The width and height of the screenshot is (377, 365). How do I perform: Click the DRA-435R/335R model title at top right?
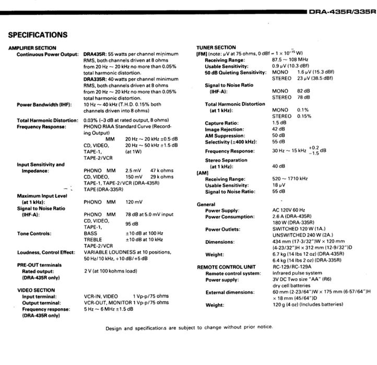pos(341,11)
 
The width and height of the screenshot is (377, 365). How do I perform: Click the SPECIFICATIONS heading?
pos(38,35)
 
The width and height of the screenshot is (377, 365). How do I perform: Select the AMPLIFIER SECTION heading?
pos(32,48)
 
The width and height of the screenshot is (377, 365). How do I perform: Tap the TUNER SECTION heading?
pos(216,48)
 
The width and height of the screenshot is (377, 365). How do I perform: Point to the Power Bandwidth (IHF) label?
pos(42,104)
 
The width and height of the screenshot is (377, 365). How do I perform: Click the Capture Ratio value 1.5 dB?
pos(279,123)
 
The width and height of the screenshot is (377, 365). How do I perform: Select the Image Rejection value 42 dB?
pos(278,129)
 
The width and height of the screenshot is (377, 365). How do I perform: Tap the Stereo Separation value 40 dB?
pos(278,167)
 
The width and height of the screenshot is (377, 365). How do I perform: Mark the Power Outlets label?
pos(222,229)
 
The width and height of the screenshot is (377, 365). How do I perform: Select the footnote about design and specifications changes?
pos(189,327)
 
